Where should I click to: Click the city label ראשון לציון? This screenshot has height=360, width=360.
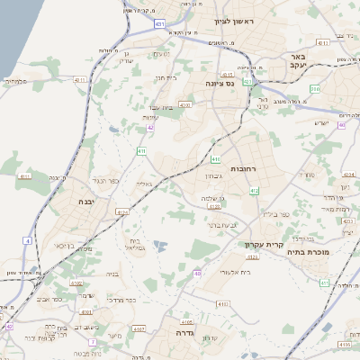tap(235, 21)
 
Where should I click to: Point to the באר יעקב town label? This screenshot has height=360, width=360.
tap(300, 60)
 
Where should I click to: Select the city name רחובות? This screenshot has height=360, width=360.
tap(243, 168)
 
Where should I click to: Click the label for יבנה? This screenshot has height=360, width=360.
tap(87, 202)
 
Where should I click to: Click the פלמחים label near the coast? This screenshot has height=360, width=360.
tap(17, 81)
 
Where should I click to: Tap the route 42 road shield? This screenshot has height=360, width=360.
tap(151, 129)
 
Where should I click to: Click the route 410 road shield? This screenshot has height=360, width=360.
tap(142, 151)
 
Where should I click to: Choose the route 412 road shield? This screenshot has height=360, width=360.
tap(254, 190)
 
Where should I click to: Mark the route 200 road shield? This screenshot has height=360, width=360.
tap(315, 88)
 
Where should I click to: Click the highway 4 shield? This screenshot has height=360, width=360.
tap(29, 241)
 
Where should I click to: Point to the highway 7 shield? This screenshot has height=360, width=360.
tap(92, 342)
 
